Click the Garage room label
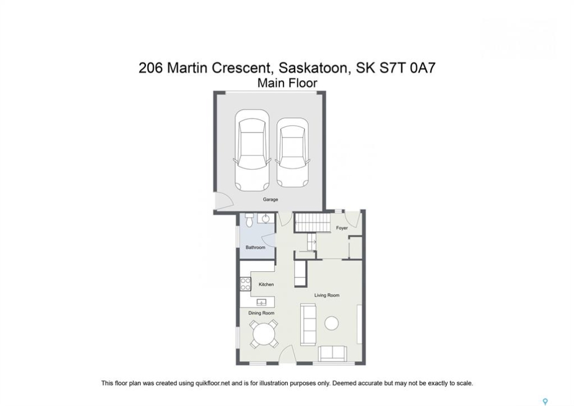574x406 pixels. [x=270, y=200]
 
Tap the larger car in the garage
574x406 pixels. [x=252, y=150]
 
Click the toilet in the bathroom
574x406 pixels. [x=250, y=220]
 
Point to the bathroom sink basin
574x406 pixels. [x=266, y=219]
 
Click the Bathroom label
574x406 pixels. [x=255, y=248]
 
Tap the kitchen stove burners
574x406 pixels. [x=245, y=284]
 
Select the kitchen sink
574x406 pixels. [x=262, y=302]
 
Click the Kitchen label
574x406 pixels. [x=266, y=284]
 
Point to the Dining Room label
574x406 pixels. [x=261, y=313]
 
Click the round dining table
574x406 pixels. [x=264, y=334]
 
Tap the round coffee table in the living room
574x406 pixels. [x=332, y=323]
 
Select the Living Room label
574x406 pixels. [x=327, y=295]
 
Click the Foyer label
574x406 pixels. [x=342, y=228]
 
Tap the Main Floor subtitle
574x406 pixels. [x=287, y=83]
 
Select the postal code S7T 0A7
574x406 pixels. [x=407, y=68]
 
